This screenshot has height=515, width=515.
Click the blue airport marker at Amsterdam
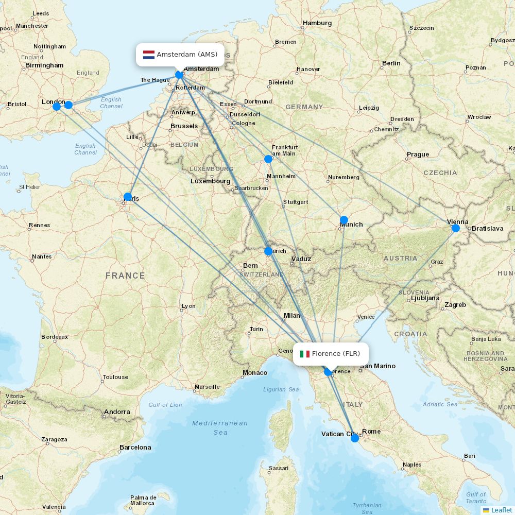pos(179,75)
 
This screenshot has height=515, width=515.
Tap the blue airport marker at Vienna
pos(456,228)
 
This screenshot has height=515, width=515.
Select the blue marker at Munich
pos(344,220)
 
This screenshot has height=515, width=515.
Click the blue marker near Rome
pos(355,438)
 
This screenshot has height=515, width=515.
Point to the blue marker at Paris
pos(128,196)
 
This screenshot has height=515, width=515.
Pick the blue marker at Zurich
pos(268,251)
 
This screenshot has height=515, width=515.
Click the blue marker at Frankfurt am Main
pos(268,159)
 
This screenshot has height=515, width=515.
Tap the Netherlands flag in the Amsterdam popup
pos(149,55)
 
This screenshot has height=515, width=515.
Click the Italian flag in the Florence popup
pos(305,354)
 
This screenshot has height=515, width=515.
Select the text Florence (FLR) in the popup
pos(336,354)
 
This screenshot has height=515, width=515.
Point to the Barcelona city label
pos(135,448)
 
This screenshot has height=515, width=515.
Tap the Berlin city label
pos(391,63)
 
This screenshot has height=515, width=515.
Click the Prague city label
pos(418,154)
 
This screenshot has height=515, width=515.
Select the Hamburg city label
pos(317,23)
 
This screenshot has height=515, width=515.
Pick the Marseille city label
pos(207,387)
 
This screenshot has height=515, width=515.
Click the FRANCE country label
pos(125,276)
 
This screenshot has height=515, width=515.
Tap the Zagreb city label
pos(455,305)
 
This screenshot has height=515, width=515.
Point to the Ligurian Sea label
pos(281,389)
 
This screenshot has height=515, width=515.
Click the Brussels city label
pos(184,126)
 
